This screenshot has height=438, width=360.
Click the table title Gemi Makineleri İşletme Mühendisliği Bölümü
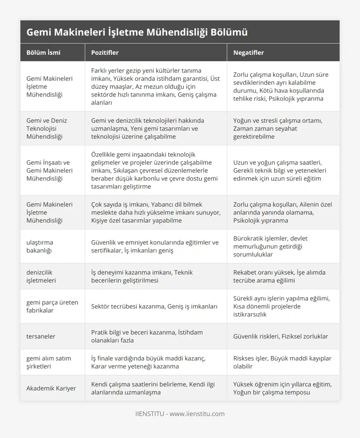137,32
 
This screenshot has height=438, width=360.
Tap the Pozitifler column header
105,52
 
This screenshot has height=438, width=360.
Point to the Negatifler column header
248,52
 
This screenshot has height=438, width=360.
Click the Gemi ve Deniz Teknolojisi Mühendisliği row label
47,128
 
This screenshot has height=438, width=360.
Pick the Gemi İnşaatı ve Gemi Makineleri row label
50,170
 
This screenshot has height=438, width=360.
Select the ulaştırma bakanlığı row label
40,246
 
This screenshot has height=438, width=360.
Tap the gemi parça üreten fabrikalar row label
52,306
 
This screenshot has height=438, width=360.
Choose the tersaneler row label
41,336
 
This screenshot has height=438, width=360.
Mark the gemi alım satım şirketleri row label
49,362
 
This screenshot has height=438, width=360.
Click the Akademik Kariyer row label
51,388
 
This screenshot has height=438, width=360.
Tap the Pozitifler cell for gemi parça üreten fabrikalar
154,306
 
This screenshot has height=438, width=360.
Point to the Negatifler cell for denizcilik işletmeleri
279,276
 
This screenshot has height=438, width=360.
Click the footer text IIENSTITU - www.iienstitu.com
180,414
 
